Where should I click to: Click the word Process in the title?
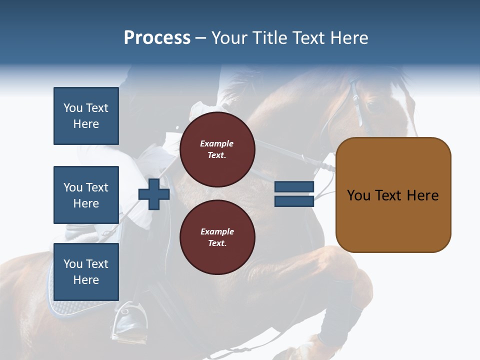(157, 38)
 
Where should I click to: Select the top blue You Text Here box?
(86, 116)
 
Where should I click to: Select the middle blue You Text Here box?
(86, 195)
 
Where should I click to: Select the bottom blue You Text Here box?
(86, 271)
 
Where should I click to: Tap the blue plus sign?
(154, 194)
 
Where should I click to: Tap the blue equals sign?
(294, 194)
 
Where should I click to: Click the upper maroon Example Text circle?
(217, 149)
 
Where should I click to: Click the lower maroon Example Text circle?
(217, 237)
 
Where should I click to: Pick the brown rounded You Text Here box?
(393, 195)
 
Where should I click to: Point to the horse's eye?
(371, 105)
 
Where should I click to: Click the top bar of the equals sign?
(294, 187)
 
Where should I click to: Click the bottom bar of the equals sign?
(294, 201)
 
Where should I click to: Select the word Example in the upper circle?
(217, 143)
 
